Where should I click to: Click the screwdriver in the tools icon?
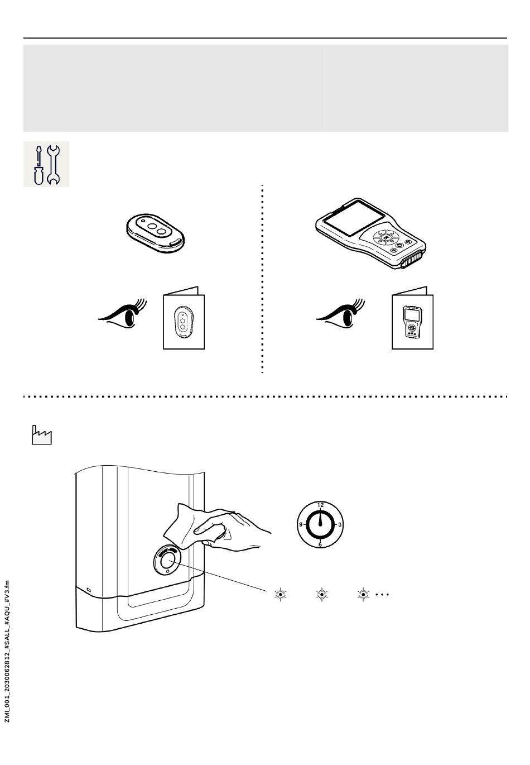pyautogui.click(x=37, y=164)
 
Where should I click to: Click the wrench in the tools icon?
pyautogui.click(x=54, y=164)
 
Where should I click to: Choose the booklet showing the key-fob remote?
pyautogui.click(x=184, y=319)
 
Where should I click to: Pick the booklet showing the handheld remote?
pyautogui.click(x=412, y=319)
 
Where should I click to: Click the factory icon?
pyautogui.click(x=41, y=435)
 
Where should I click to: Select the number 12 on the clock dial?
pyautogui.click(x=320, y=505)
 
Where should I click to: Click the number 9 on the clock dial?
pyautogui.click(x=301, y=525)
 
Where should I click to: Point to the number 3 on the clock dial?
pyautogui.click(x=340, y=525)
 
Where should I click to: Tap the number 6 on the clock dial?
pyautogui.click(x=320, y=544)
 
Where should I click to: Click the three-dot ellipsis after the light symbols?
pyautogui.click(x=382, y=594)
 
